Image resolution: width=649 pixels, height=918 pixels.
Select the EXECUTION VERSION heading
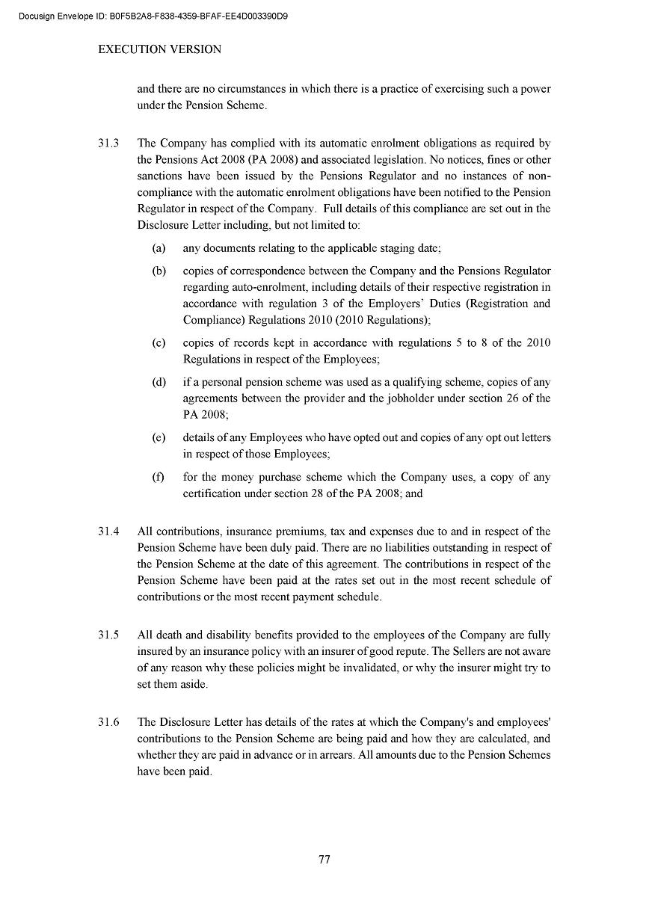(x=160, y=49)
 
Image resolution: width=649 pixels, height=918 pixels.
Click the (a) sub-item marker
(x=159, y=248)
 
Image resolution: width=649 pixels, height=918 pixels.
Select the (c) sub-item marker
(x=159, y=343)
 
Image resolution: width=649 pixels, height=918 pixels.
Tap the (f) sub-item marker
(x=159, y=477)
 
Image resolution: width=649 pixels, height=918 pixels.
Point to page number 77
(x=324, y=859)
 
